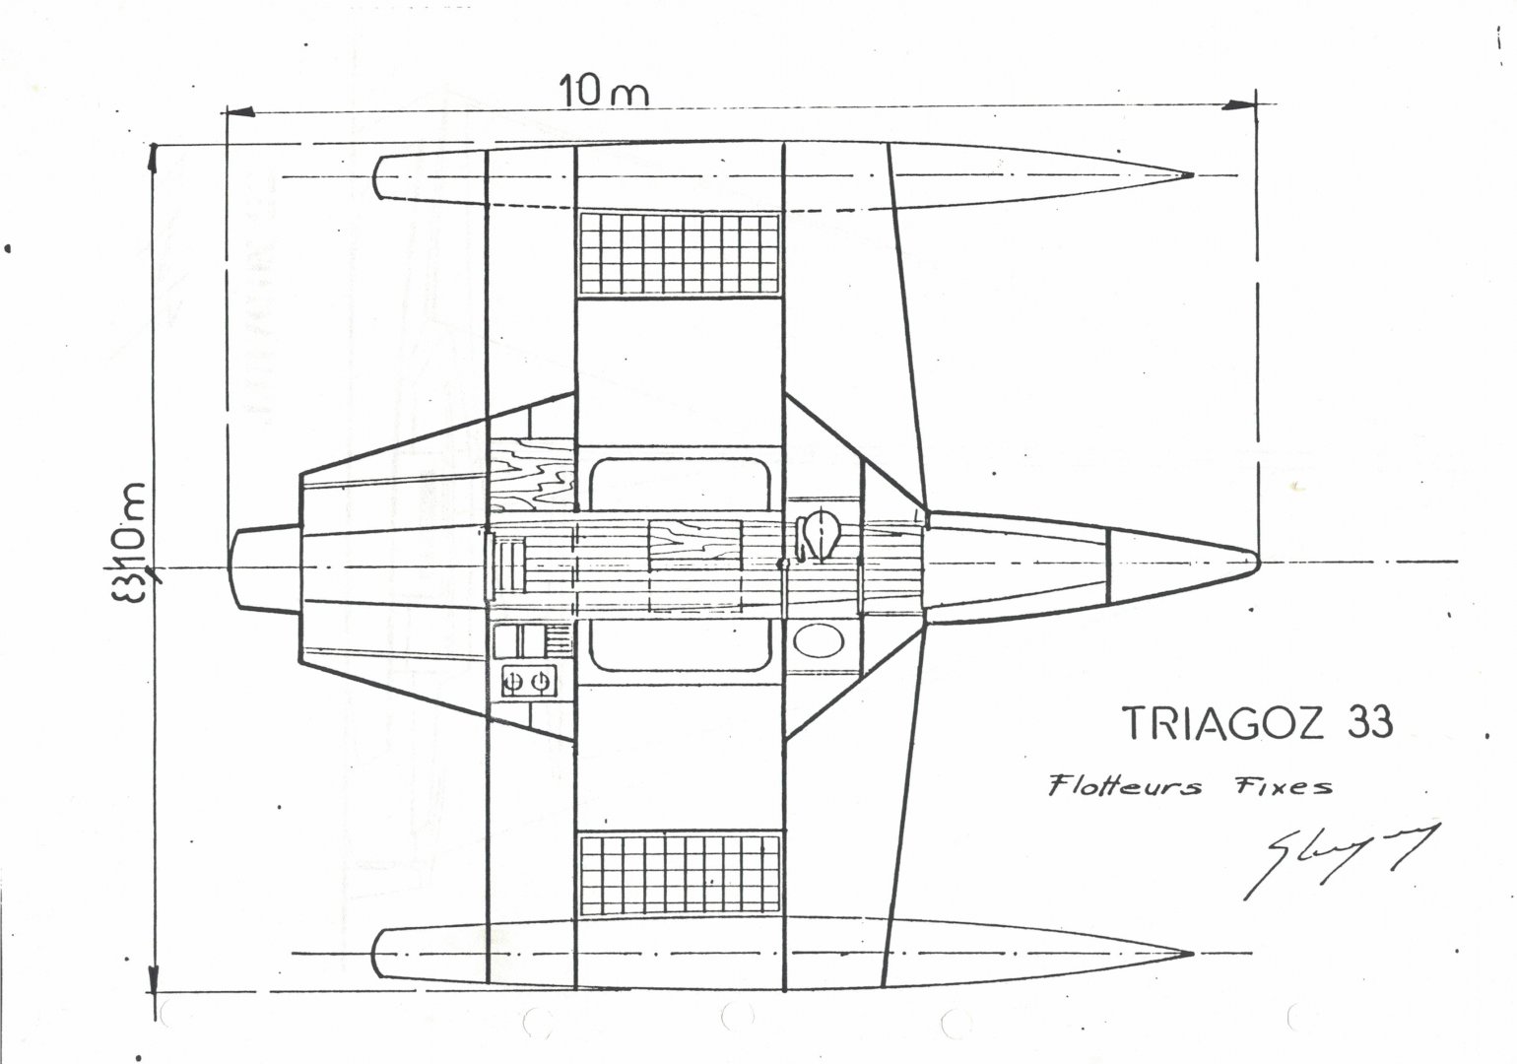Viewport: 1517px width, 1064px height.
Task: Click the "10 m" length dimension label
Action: coord(604,92)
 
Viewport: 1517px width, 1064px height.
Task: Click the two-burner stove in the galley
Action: coord(528,680)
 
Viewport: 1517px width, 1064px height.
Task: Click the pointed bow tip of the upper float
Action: coord(1190,176)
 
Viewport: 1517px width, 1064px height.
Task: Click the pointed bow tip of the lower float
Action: coord(1190,954)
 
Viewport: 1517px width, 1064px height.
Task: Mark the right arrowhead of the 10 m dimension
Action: coord(1243,102)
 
